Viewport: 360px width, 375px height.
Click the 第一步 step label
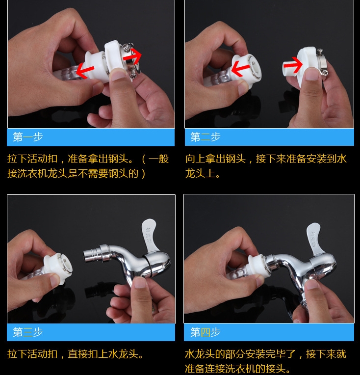28,137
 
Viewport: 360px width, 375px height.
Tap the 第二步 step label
206,137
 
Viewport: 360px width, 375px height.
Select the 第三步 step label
28,332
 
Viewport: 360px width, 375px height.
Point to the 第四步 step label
206,332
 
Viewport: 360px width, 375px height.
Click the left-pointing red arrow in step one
85,70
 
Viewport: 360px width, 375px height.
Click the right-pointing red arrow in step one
132,56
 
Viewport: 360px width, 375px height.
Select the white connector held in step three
58,268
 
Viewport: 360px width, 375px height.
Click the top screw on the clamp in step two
320,51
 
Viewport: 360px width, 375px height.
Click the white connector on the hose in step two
245,71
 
